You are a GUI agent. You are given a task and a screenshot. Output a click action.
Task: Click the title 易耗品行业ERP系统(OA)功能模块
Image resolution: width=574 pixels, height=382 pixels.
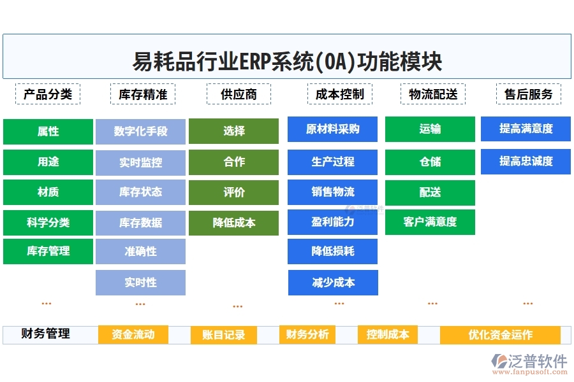[286, 62]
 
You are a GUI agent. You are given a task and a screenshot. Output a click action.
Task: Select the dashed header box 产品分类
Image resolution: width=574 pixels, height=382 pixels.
[48, 94]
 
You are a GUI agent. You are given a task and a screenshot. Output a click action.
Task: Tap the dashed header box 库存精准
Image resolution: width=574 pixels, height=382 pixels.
[143, 94]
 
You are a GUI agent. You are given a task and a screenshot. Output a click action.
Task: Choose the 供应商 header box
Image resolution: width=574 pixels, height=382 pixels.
[239, 94]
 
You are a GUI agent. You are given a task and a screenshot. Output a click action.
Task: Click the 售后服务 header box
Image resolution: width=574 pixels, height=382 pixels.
[528, 94]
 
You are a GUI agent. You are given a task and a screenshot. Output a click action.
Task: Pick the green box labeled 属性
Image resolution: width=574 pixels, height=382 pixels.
[48, 131]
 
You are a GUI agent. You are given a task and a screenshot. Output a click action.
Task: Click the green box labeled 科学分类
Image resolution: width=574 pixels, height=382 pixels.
[48, 223]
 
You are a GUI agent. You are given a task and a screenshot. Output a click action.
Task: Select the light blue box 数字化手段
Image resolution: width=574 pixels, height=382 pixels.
[140, 131]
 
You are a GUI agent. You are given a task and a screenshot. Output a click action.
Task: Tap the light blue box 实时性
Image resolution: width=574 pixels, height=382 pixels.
[140, 282]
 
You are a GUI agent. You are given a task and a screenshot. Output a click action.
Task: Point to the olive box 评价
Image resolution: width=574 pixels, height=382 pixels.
[233, 192]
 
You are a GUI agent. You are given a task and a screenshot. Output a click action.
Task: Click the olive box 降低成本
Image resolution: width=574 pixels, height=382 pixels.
[233, 223]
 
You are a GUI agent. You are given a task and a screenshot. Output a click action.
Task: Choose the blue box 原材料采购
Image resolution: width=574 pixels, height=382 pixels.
[332, 129]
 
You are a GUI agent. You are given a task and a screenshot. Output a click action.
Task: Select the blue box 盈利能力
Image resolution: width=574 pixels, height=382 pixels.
[332, 222]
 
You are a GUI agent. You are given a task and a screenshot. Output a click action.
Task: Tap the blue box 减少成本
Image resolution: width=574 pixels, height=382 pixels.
[333, 282]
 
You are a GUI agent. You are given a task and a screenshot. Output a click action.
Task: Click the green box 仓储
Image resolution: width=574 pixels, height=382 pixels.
[430, 162]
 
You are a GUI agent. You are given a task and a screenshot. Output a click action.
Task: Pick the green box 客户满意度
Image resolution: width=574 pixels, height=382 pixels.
[430, 222]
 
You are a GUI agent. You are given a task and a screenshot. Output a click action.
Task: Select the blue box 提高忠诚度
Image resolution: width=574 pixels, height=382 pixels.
[526, 161]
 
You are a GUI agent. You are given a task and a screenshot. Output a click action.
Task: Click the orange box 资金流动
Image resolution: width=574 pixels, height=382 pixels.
[133, 334]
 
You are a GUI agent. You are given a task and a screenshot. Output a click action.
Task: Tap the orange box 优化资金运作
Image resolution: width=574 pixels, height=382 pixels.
[500, 335]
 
